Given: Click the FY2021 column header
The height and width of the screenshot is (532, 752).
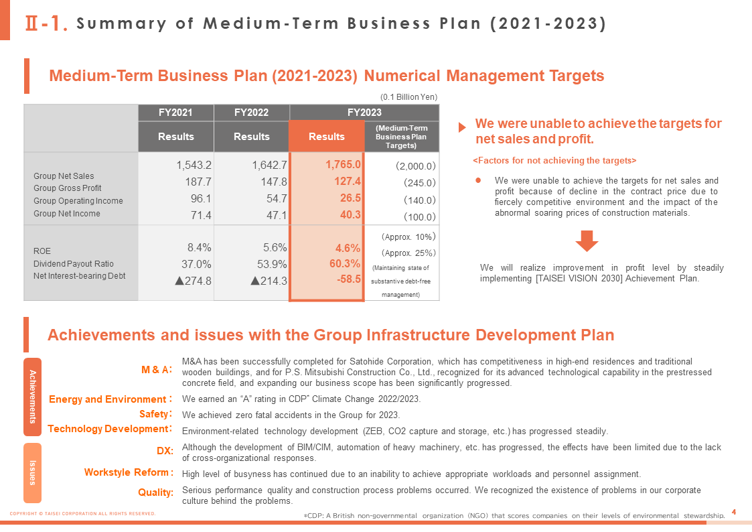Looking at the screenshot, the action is [x=175, y=113].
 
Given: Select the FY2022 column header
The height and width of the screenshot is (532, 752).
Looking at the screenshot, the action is [x=251, y=113].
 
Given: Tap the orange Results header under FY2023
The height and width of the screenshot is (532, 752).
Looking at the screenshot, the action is [x=327, y=136].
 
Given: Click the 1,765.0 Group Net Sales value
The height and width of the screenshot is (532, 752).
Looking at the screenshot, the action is [x=343, y=165].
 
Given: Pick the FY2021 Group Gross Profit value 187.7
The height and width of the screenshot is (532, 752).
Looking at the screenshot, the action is [x=198, y=182].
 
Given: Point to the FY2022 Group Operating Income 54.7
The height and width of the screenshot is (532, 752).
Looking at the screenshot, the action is [x=277, y=198].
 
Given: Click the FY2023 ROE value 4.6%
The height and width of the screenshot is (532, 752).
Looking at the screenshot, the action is [x=348, y=248].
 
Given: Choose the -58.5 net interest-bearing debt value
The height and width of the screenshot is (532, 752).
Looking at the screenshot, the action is [x=349, y=279].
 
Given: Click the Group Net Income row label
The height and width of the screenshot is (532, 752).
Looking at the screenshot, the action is [x=67, y=214].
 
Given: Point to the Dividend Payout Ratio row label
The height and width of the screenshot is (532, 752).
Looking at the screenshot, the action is [x=74, y=264].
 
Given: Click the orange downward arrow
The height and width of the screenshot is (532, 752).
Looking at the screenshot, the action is [x=587, y=241].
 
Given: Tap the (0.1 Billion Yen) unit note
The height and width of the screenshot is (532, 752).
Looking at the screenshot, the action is [x=408, y=97].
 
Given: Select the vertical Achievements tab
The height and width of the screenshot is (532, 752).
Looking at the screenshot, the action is [x=33, y=397].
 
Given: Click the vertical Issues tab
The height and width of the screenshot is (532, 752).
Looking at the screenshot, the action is [x=33, y=473].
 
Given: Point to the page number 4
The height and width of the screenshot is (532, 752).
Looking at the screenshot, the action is [x=734, y=513].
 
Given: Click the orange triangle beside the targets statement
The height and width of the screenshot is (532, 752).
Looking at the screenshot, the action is [x=462, y=127].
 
